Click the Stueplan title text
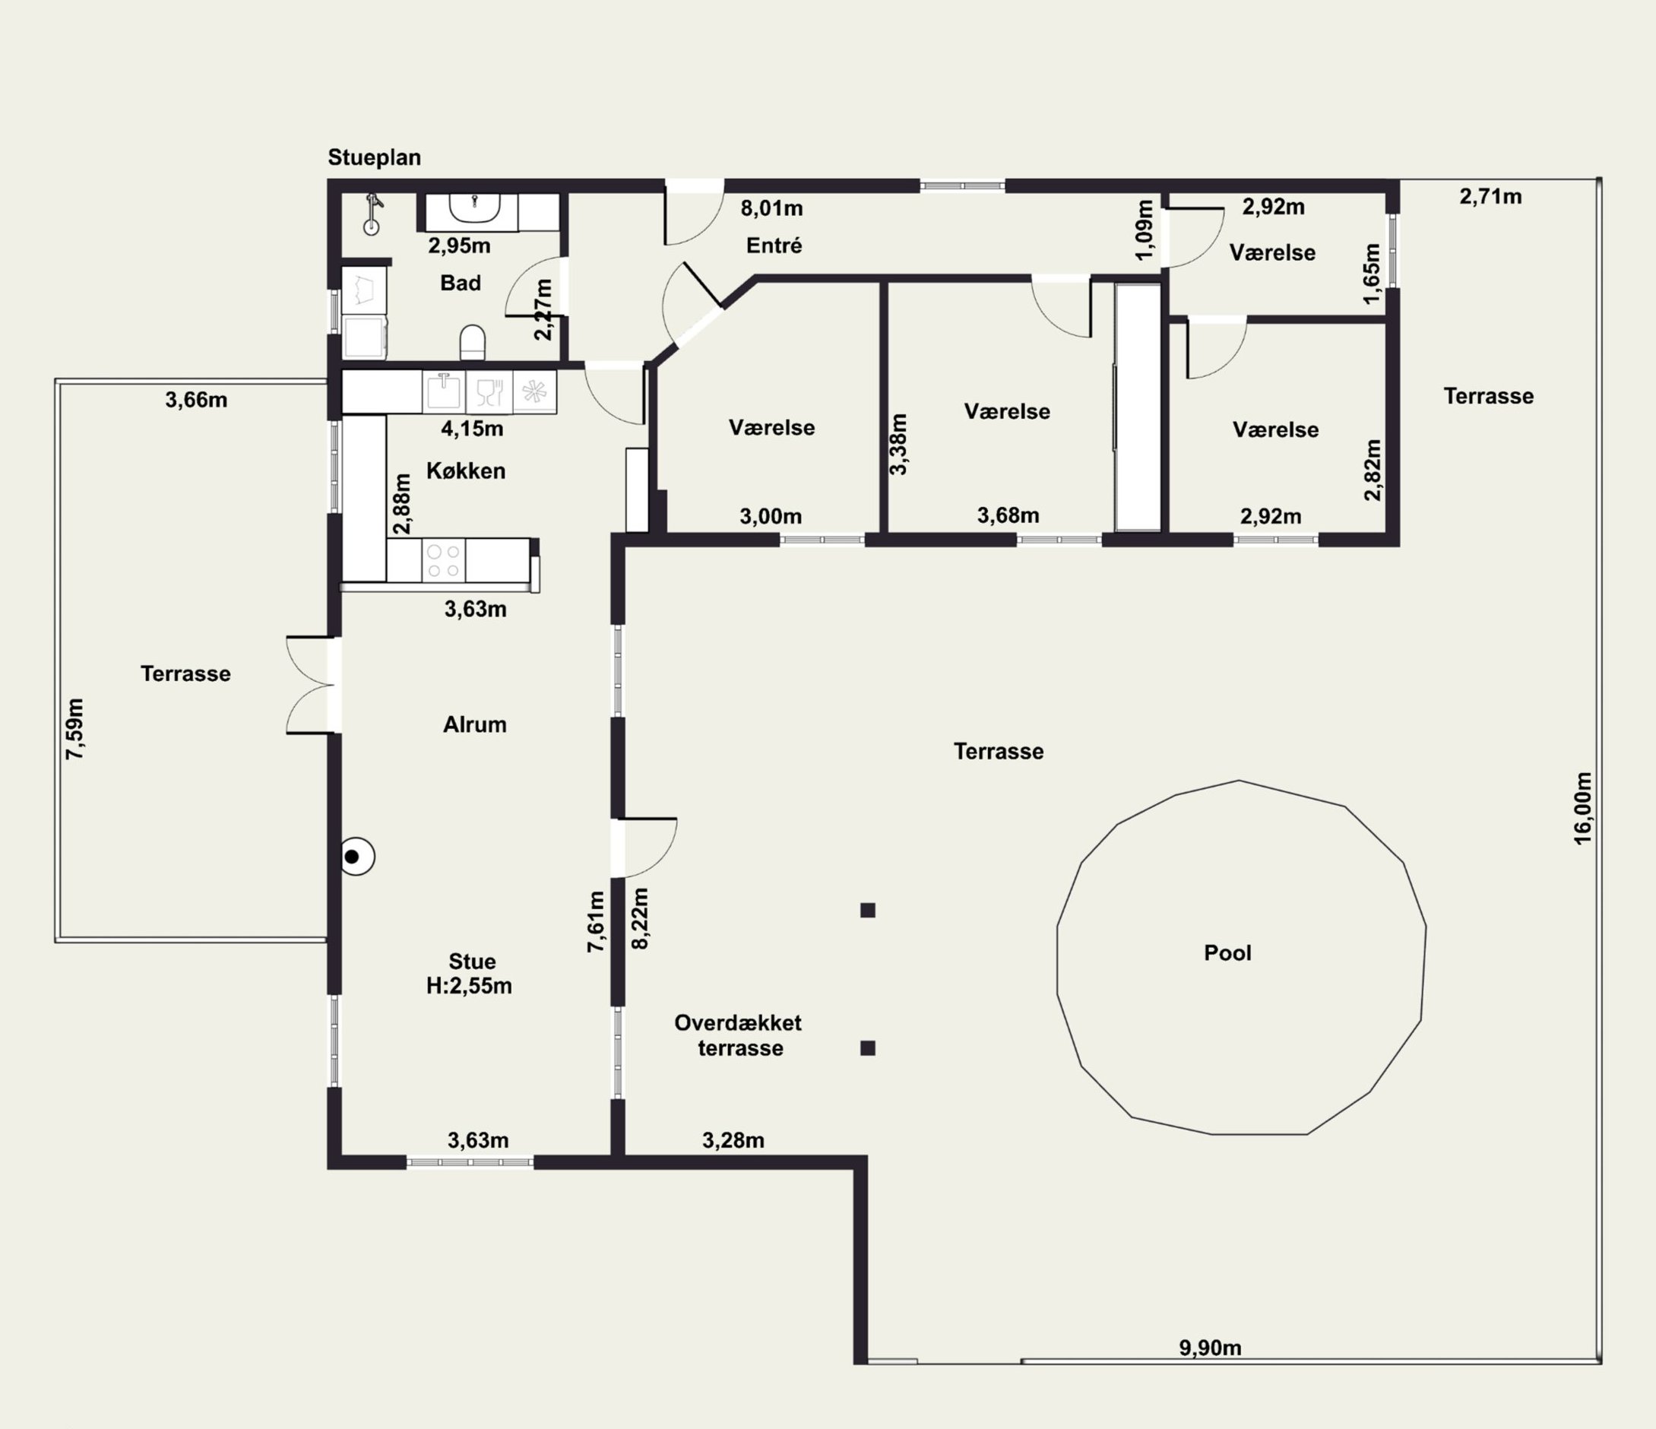(x=374, y=157)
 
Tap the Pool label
(x=1227, y=952)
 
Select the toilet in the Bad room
(x=473, y=341)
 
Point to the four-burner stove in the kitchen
(x=444, y=560)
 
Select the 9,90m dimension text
(x=1210, y=1348)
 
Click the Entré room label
(x=774, y=246)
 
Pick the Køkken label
(x=465, y=471)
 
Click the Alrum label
(x=475, y=724)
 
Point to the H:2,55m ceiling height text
(x=469, y=986)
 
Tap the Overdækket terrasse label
(x=739, y=1035)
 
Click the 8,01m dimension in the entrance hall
(x=771, y=208)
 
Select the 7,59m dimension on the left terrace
(x=74, y=729)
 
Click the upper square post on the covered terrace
(x=868, y=911)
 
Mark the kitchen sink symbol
(x=444, y=391)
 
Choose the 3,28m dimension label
(x=733, y=1140)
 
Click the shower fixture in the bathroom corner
(x=372, y=214)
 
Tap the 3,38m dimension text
(x=899, y=445)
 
